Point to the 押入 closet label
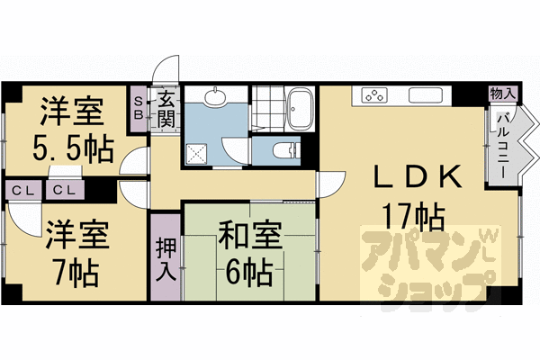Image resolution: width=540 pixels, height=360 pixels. point(165,256)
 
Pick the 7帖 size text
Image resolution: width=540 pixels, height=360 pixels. point(76,267)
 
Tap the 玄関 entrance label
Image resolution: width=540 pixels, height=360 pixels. point(166,109)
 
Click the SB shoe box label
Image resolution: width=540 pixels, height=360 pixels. point(139,109)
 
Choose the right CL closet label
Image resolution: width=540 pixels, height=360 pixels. point(62,190)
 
